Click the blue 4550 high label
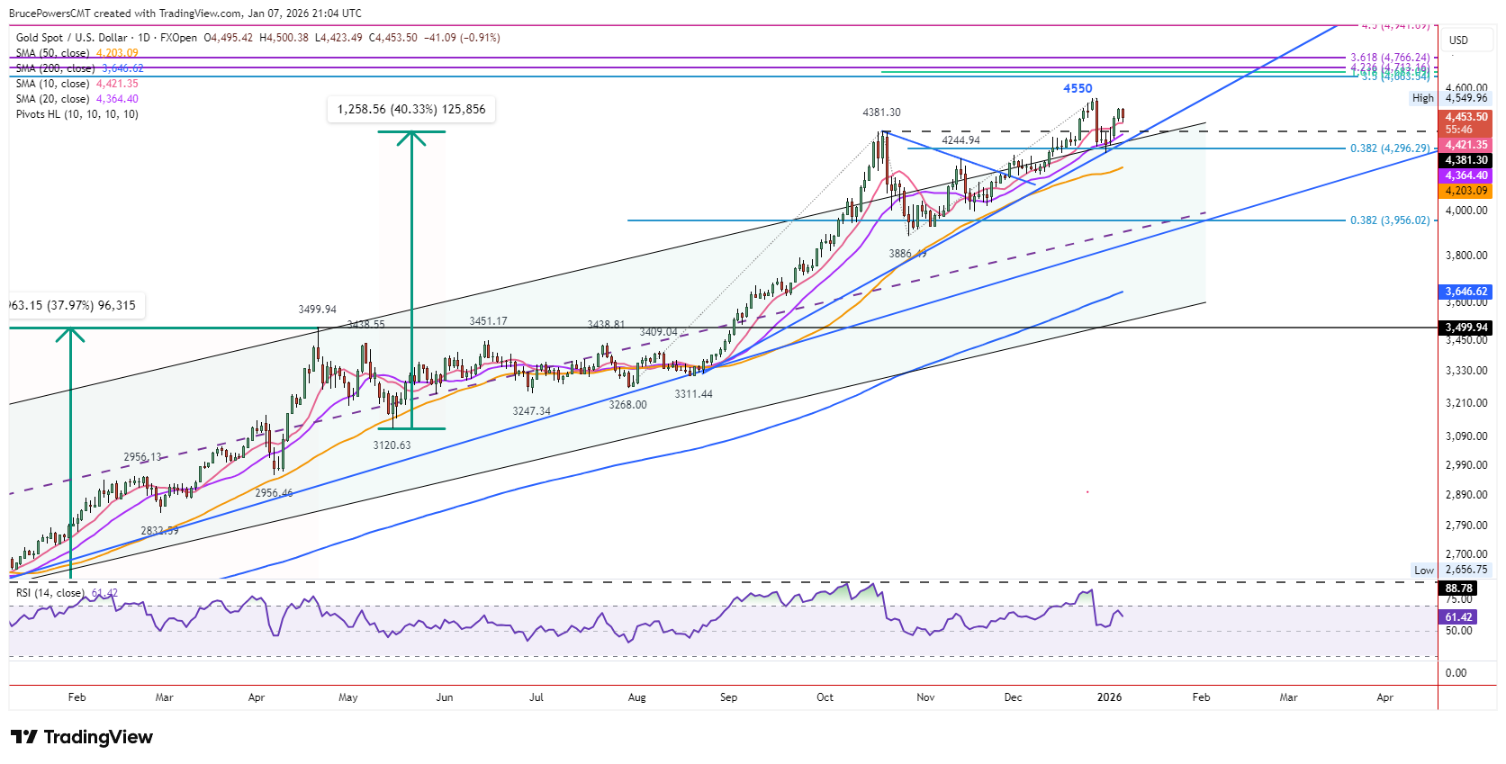1078,88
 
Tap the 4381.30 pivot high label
881,112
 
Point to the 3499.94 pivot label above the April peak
317,310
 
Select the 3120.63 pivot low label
392,445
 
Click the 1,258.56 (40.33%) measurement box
411,110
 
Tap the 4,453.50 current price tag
1466,117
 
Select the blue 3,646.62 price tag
1466,292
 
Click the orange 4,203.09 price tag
1466,191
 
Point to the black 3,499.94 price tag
1466,328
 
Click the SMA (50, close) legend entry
52,53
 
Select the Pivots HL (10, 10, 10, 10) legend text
77,114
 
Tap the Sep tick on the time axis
728,697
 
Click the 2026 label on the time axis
1109,697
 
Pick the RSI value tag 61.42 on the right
1458,617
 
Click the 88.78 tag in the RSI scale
1458,589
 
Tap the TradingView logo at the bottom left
82,738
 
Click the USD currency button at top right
1458,40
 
